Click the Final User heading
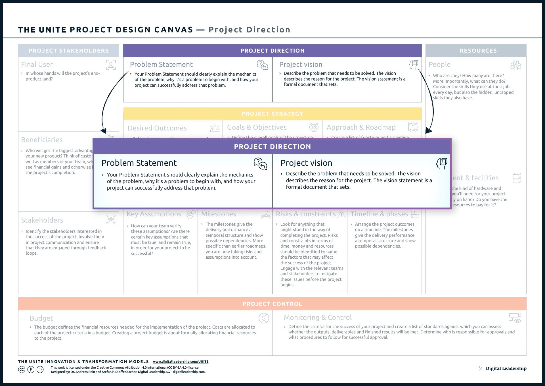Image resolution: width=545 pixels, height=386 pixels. pyautogui.click(x=37, y=65)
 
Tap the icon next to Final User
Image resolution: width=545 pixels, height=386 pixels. pyautogui.click(x=111, y=65)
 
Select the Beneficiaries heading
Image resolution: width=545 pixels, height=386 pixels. pyautogui.click(x=42, y=140)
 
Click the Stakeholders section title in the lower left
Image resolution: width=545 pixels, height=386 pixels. pyautogui.click(x=42, y=220)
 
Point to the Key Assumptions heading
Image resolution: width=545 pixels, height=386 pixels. pyautogui.click(x=154, y=214)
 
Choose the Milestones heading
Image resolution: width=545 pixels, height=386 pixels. pyautogui.click(x=219, y=214)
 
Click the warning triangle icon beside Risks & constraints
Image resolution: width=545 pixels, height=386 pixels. pyautogui.click(x=341, y=214)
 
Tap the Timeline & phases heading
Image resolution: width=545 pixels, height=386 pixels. pyautogui.click(x=379, y=214)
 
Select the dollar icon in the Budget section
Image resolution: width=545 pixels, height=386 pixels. pyautogui.click(x=264, y=318)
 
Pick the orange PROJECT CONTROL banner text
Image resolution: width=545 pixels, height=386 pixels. pyautogui.click(x=272, y=304)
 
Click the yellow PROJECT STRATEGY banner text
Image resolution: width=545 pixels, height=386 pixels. pyautogui.click(x=272, y=114)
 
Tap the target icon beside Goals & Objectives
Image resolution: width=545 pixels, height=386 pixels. pyautogui.click(x=314, y=127)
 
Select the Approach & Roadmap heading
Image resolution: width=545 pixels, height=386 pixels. pyautogui.click(x=361, y=127)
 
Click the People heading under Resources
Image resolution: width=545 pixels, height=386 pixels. pyautogui.click(x=439, y=65)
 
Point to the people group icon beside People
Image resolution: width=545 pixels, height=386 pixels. pyautogui.click(x=515, y=65)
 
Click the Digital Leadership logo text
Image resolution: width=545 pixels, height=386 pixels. pyautogui.click(x=506, y=368)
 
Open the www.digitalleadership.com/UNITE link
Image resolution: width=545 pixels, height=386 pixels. pyautogui.click(x=181, y=362)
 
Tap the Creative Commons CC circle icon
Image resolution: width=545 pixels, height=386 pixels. pyautogui.click(x=22, y=370)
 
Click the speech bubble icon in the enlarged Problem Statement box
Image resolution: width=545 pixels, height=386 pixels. pyautogui.click(x=260, y=164)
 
